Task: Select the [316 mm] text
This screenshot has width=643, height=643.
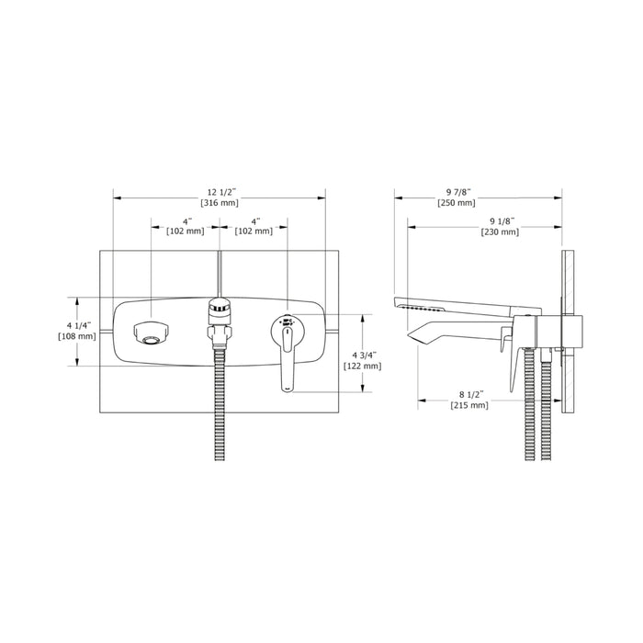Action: pyautogui.click(x=220, y=203)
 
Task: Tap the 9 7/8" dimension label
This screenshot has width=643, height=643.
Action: pyautogui.click(x=458, y=192)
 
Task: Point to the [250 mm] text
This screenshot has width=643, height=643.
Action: pyautogui.click(x=457, y=203)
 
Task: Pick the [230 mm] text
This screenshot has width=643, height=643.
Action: pyautogui.click(x=500, y=231)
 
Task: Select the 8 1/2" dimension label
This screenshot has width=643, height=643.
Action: pyautogui.click(x=471, y=394)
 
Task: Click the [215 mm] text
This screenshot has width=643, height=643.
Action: pyautogui.click(x=469, y=405)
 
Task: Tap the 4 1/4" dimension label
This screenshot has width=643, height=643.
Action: pyautogui.click(x=79, y=325)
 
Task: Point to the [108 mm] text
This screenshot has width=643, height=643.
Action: pyautogui.click(x=77, y=336)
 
